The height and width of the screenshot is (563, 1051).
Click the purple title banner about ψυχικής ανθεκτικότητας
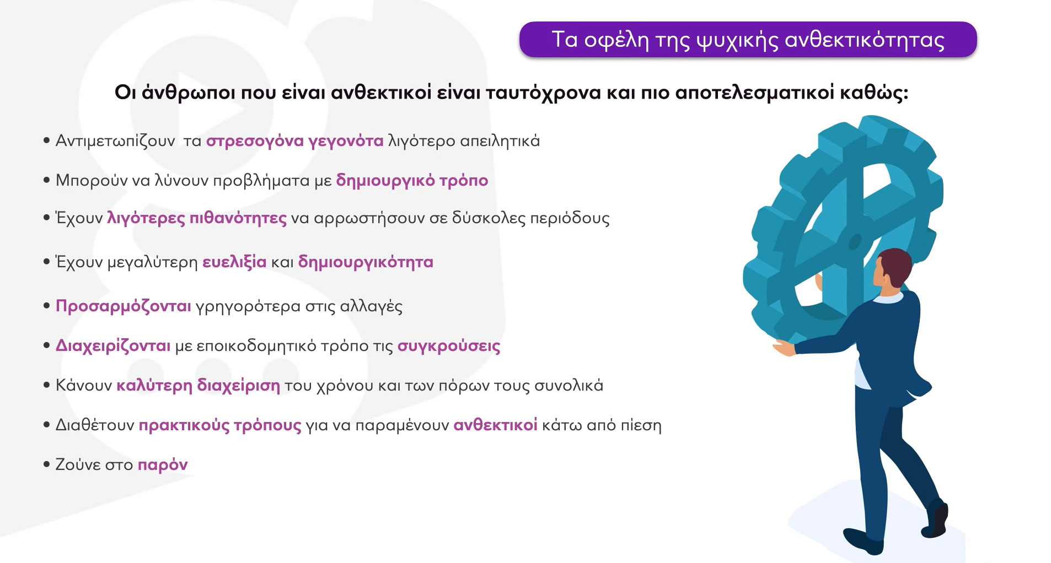click(x=748, y=39)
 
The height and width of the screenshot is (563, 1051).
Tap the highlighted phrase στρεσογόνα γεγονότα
click(x=294, y=141)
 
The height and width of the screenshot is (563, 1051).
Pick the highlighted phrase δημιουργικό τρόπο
click(x=412, y=181)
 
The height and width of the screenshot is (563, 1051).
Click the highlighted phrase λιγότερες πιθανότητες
click(x=197, y=218)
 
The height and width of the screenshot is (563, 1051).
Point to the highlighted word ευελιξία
click(x=234, y=262)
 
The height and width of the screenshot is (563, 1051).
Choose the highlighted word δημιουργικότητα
click(x=366, y=262)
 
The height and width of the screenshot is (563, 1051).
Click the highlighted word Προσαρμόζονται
click(x=124, y=306)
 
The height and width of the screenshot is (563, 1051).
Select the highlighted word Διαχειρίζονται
click(x=113, y=346)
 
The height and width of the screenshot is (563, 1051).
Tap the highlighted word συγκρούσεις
click(x=449, y=346)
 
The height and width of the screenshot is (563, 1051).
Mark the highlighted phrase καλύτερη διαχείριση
click(x=198, y=385)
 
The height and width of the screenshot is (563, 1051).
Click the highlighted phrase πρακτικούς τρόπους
click(x=220, y=425)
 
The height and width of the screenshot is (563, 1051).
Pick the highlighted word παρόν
click(x=163, y=465)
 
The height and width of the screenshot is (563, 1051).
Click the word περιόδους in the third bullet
click(x=570, y=218)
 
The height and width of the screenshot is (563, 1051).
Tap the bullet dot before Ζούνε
click(x=47, y=465)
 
